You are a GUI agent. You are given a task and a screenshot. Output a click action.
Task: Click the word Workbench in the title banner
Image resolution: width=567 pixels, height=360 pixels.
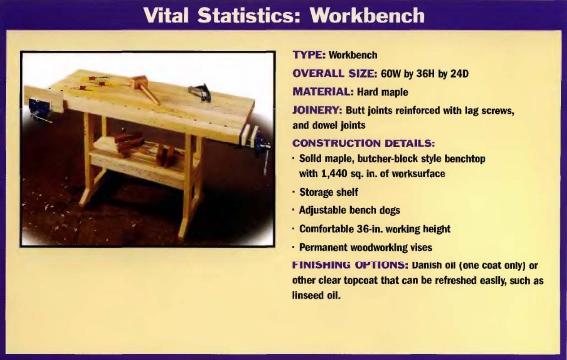click(x=367, y=15)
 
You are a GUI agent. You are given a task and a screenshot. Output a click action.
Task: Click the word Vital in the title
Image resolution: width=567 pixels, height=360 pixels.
click(x=166, y=15)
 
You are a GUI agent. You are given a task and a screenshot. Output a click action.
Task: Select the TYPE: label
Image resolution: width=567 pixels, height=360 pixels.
click(x=309, y=55)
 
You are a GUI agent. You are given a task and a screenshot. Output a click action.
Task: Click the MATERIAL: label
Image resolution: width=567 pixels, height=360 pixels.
click(x=323, y=92)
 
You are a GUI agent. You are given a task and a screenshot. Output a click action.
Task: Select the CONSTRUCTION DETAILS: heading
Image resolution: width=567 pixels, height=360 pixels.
click(x=363, y=143)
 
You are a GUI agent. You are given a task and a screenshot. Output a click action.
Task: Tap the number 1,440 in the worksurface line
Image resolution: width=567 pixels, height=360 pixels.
click(x=334, y=174)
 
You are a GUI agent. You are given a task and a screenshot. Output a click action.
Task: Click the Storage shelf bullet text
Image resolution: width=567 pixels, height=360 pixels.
click(x=328, y=192)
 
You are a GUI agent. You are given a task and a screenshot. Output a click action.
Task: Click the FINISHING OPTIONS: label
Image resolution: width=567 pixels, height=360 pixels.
click(x=350, y=265)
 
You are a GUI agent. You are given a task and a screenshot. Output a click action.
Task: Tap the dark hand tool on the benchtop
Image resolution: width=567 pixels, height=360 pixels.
click(x=200, y=92)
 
